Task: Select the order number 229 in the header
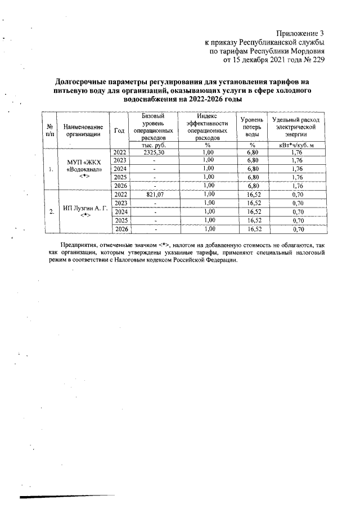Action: coord(317,60)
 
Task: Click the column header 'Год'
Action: coord(119,131)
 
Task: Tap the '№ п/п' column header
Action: coord(51,130)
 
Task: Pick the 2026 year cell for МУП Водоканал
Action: coord(120,186)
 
